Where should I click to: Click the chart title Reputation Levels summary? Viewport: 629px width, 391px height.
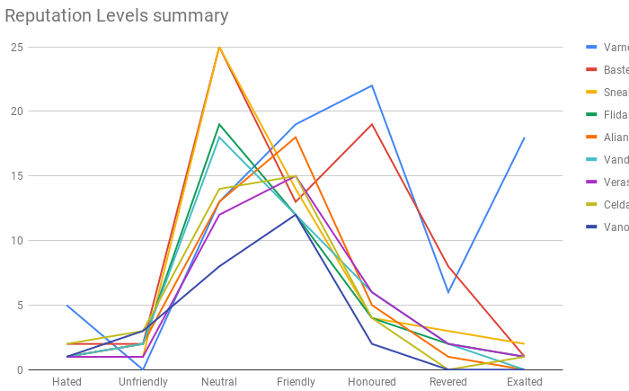(117, 16)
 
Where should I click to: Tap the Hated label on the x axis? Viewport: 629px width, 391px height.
(66, 381)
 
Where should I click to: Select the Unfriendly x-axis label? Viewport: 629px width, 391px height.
(143, 381)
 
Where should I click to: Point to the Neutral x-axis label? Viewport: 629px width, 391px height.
(219, 381)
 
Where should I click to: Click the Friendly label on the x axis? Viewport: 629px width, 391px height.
(296, 381)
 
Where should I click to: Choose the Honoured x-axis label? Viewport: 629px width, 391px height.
(372, 381)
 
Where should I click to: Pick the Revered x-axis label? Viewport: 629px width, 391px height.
(448, 381)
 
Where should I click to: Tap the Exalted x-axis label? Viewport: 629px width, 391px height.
(525, 381)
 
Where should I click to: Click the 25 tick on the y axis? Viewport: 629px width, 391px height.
(16, 47)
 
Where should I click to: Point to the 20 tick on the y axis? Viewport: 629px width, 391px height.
(16, 111)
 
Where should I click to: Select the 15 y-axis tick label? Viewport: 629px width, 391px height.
(16, 176)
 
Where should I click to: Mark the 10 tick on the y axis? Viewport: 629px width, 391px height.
(16, 241)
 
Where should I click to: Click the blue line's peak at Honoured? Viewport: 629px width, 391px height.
(372, 85)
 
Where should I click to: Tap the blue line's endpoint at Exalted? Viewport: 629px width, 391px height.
(525, 138)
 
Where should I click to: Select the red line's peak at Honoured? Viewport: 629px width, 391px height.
(372, 124)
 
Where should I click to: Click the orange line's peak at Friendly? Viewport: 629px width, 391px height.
(296, 137)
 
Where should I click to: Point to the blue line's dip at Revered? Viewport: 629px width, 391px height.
(448, 292)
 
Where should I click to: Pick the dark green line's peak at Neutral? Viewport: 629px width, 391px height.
(219, 124)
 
